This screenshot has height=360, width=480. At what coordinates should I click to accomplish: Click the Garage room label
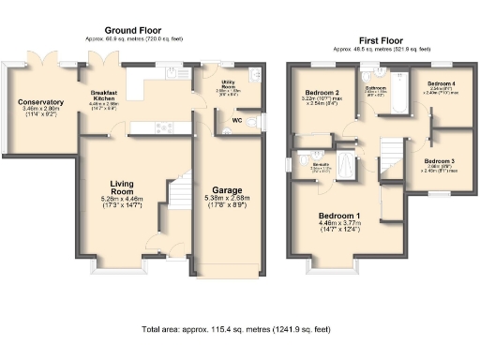pyautogui.click(x=227, y=189)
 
